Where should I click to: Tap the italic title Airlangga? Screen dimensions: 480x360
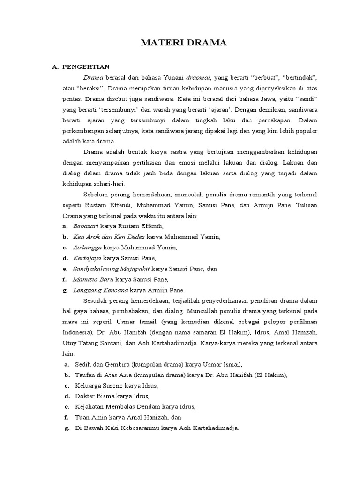coord(87,247)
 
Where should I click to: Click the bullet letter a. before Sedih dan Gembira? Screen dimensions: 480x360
coord(67,364)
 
